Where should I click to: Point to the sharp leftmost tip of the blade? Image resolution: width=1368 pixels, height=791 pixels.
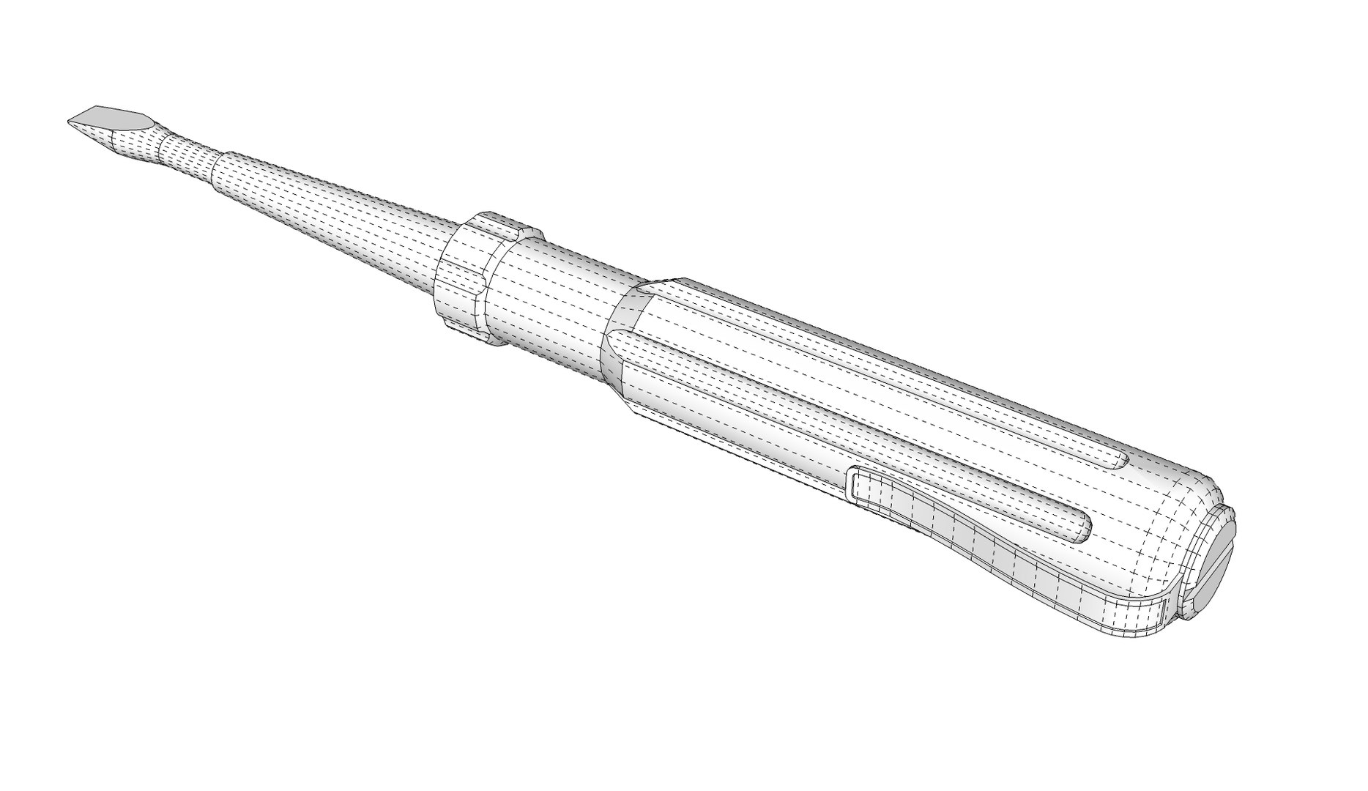pos(70,122)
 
